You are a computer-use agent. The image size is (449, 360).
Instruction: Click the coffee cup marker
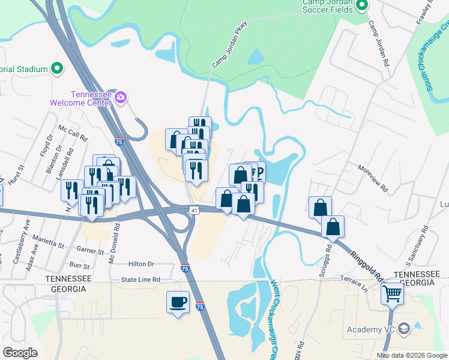coord(177,302)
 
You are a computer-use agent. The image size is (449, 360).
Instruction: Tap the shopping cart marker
coord(393,294)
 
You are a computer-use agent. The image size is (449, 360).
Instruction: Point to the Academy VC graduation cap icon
coord(404,328)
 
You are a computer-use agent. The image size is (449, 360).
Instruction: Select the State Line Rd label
coord(140,280)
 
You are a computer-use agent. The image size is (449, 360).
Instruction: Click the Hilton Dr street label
coord(141,263)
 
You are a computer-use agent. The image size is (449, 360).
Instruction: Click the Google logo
coord(20,353)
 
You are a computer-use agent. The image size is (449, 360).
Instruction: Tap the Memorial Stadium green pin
coord(57,68)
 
